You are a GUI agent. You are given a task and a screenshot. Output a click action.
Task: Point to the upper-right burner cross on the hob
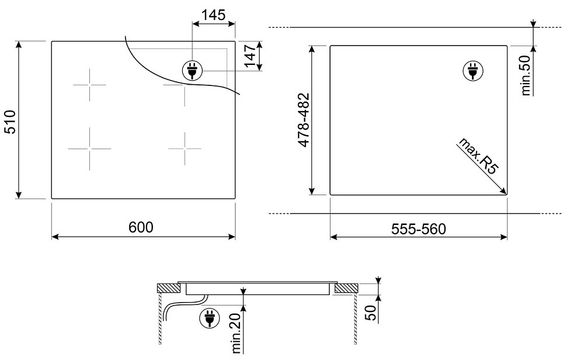pos(180,92)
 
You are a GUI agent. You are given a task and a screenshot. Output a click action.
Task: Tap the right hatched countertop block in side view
pos(343,290)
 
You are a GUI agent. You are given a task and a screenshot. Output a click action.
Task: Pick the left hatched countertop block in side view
pos(170,290)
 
